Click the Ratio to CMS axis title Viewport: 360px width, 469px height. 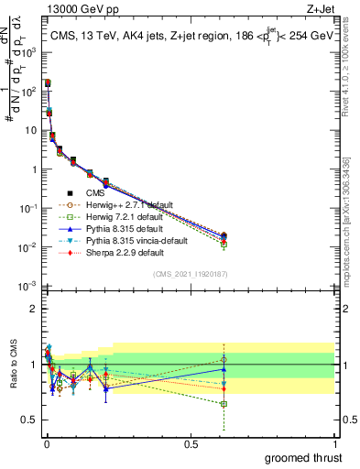pyautogui.click(x=12, y=364)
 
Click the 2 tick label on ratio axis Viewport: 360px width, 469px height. pyautogui.click(x=32, y=309)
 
